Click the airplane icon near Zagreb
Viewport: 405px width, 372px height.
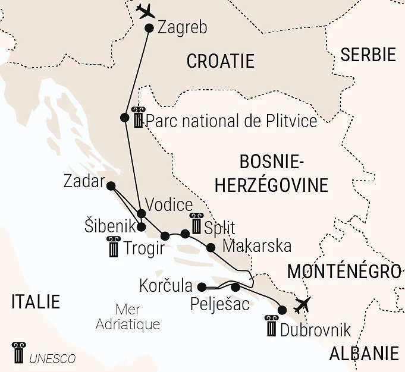(146, 11)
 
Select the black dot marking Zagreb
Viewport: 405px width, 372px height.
(149, 28)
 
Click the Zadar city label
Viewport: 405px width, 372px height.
(84, 182)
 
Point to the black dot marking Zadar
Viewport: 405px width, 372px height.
(111, 186)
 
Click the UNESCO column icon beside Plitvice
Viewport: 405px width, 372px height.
(139, 118)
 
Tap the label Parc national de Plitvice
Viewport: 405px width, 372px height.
(231, 121)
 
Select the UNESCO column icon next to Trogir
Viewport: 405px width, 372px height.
(112, 246)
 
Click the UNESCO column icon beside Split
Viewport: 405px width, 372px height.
(196, 225)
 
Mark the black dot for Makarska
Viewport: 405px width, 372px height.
(210, 247)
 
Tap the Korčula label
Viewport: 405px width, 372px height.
(166, 285)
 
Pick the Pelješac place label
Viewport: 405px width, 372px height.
(220, 305)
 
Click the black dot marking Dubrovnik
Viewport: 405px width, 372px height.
(282, 310)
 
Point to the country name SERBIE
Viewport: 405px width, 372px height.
(368, 55)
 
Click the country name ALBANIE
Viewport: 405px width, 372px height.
(364, 354)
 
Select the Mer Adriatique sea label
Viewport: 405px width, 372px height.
(128, 317)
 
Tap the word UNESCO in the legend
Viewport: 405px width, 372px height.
(52, 358)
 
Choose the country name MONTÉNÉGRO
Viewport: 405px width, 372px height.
(344, 272)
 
